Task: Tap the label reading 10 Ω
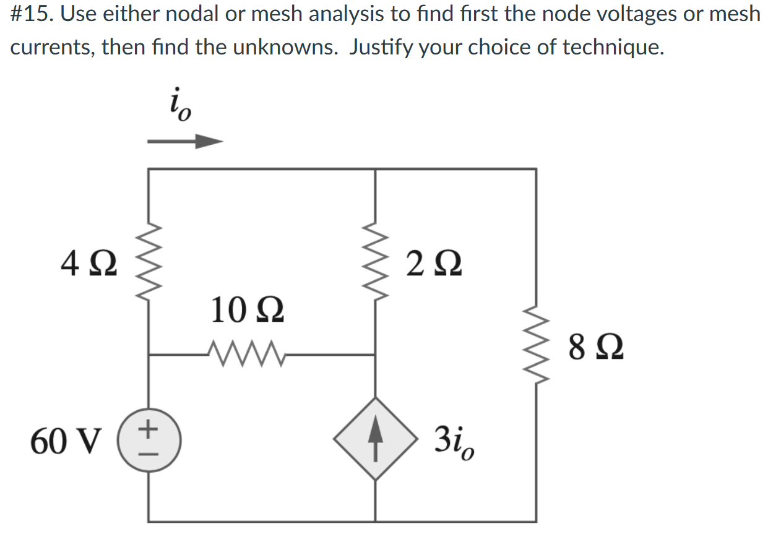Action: [248, 309]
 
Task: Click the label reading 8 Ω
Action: [595, 347]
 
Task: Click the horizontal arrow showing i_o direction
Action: [184, 142]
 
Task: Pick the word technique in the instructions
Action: [612, 47]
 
